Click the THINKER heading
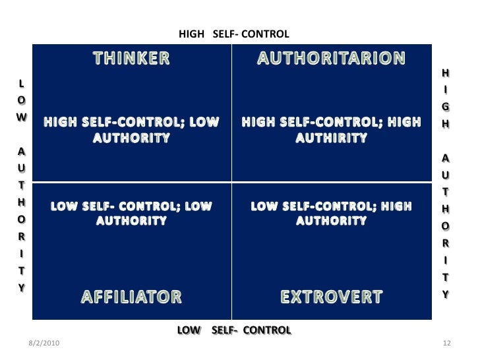pos(131,58)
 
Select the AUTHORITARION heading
pos(331,58)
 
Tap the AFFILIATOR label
pos(131,297)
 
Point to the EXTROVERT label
pos(331,297)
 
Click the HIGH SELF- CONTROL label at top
pos(235,33)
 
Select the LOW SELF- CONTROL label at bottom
pos(234,330)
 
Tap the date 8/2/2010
pos(45,345)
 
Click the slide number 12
pos(446,345)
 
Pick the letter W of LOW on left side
pos(22,115)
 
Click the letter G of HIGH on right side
pos(446,106)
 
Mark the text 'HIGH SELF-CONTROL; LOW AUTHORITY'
pos(131,130)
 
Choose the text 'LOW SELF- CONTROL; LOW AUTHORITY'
pos(131,214)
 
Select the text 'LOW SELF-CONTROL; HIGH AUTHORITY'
pos(331,214)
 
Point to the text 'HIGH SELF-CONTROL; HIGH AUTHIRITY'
pos(331,130)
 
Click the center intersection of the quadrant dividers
pos(231,182)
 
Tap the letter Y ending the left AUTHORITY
pos(22,287)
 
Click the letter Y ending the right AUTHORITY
pos(446,295)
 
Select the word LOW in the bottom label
pos(189,330)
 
